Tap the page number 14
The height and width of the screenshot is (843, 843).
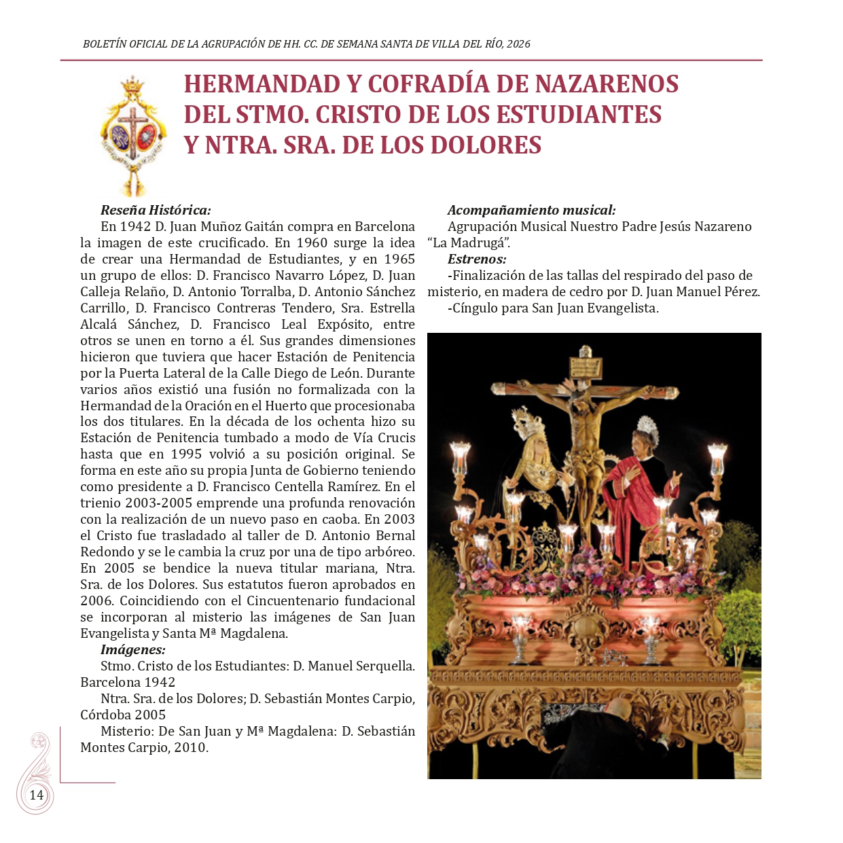pos(36,795)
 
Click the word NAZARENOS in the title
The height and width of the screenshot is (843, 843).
pos(607,84)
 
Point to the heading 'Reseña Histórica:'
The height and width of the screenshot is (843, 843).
pos(156,210)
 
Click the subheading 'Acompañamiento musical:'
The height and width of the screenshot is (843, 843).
pos(531,210)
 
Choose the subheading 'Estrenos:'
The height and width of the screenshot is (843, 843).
pos(476,259)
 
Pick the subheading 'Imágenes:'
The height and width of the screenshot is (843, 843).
pos(132,649)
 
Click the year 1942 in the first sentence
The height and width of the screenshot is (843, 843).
pos(134,226)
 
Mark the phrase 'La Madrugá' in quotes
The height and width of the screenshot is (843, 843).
pos(470,243)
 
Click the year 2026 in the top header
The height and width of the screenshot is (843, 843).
pos(518,44)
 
